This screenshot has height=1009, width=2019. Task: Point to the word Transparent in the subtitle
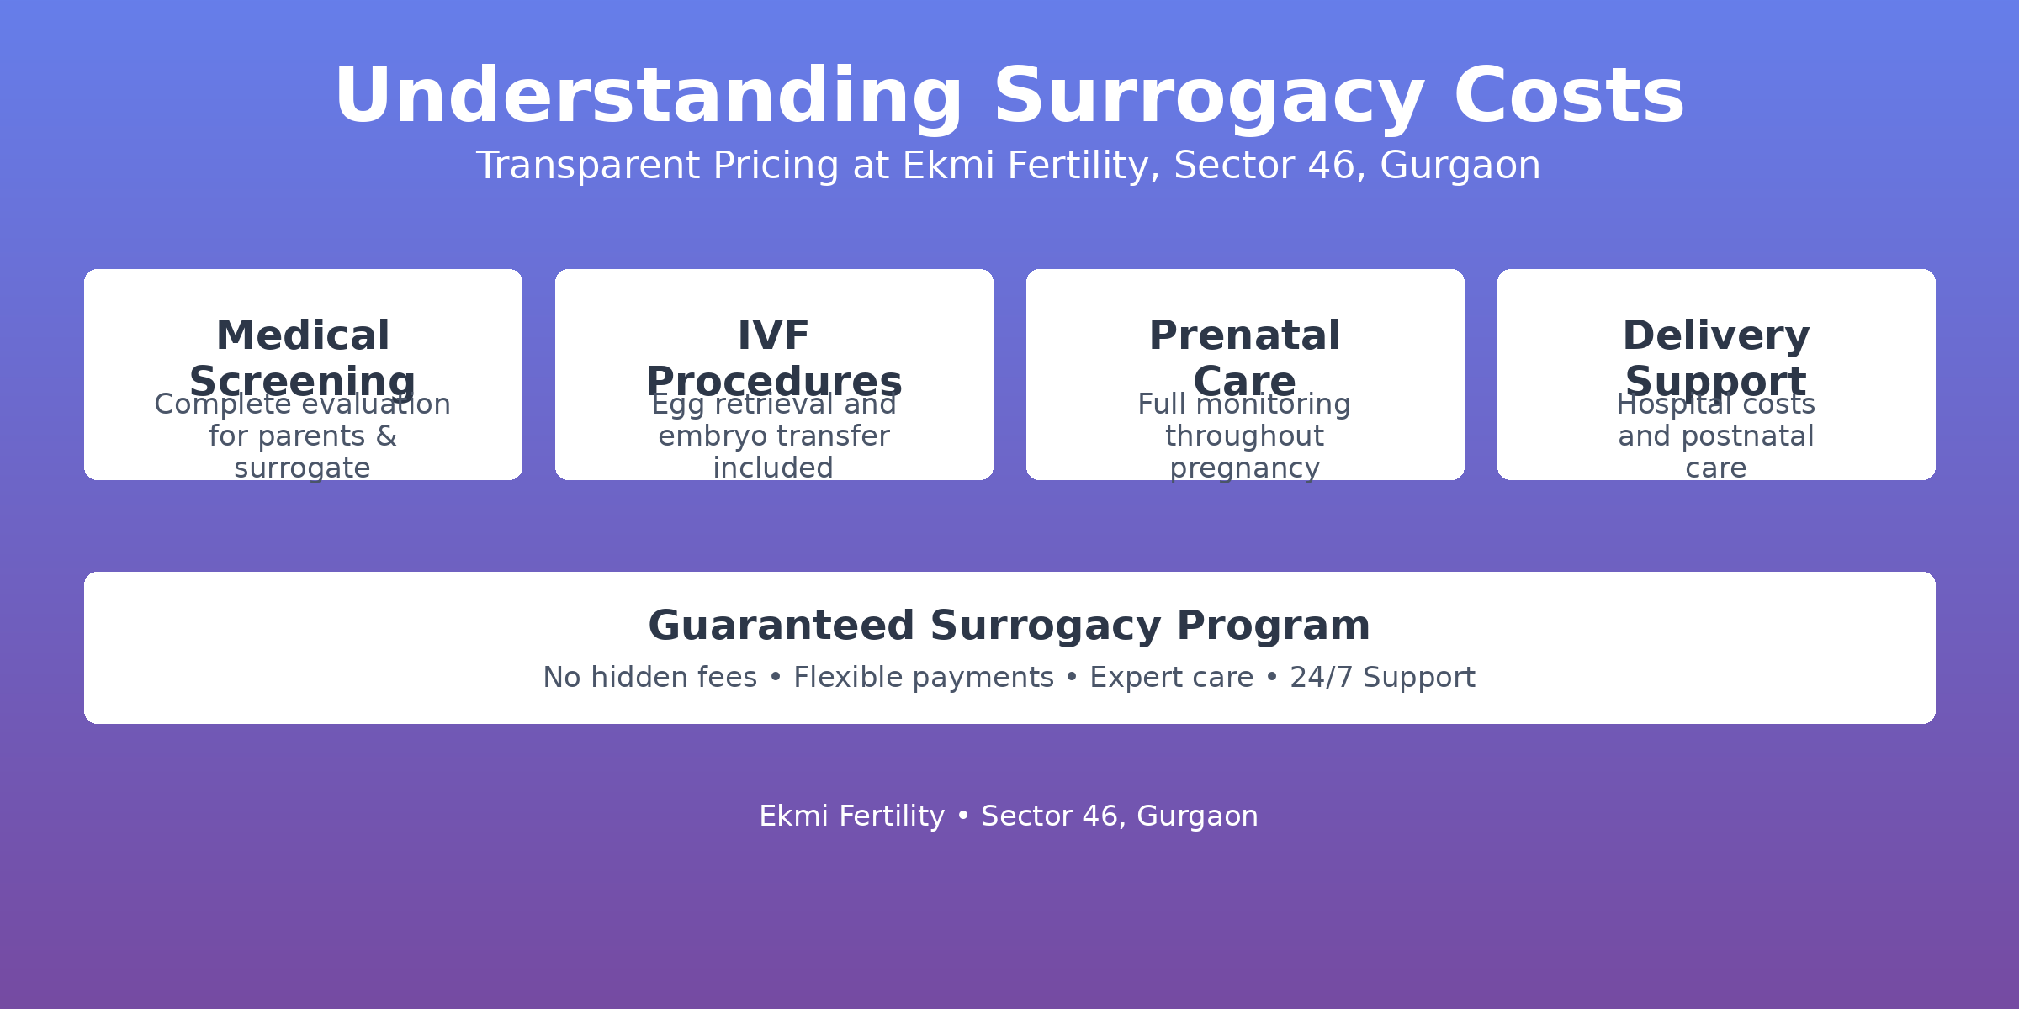coord(587,166)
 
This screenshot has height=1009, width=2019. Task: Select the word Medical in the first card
coord(303,335)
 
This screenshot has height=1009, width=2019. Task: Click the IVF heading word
coord(773,335)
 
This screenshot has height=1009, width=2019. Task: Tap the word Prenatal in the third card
coord(1244,335)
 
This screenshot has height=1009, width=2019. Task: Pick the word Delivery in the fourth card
coord(1715,335)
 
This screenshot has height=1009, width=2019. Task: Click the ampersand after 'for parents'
coord(386,436)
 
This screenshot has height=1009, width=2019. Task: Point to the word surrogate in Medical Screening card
coord(302,468)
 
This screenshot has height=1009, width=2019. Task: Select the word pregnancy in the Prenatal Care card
coord(1244,468)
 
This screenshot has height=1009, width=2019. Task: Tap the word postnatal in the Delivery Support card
coord(1747,436)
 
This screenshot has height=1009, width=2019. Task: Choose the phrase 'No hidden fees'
coord(649,678)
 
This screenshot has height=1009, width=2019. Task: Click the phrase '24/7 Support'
coord(1382,678)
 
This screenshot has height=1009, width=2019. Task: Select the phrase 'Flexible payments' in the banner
coord(923,678)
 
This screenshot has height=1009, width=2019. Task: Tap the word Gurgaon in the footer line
coord(1197,816)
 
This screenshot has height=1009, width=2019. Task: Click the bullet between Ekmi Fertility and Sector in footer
coord(963,816)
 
